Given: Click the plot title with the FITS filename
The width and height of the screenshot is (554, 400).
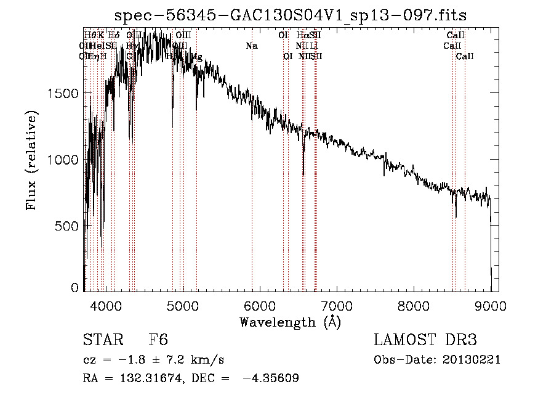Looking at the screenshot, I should pyautogui.click(x=291, y=17).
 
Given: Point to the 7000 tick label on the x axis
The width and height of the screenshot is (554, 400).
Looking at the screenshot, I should pyautogui.click(x=337, y=306).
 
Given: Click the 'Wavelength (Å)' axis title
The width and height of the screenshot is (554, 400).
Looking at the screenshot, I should pyautogui.click(x=290, y=322).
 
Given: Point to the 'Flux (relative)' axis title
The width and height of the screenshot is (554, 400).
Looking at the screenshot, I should pyautogui.click(x=31, y=160).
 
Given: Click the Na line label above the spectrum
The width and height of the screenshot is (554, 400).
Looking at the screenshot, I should pyautogui.click(x=251, y=46).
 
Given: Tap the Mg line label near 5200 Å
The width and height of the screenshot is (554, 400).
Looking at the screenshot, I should pyautogui.click(x=196, y=57).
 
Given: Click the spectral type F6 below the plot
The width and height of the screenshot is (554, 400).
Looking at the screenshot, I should pyautogui.click(x=159, y=340).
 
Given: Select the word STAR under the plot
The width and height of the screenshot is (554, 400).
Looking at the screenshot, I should pyautogui.click(x=103, y=340).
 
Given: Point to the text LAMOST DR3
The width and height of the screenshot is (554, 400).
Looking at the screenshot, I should pyautogui.click(x=425, y=340).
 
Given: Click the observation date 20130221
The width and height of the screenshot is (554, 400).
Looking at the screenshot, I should pyautogui.click(x=473, y=360).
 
